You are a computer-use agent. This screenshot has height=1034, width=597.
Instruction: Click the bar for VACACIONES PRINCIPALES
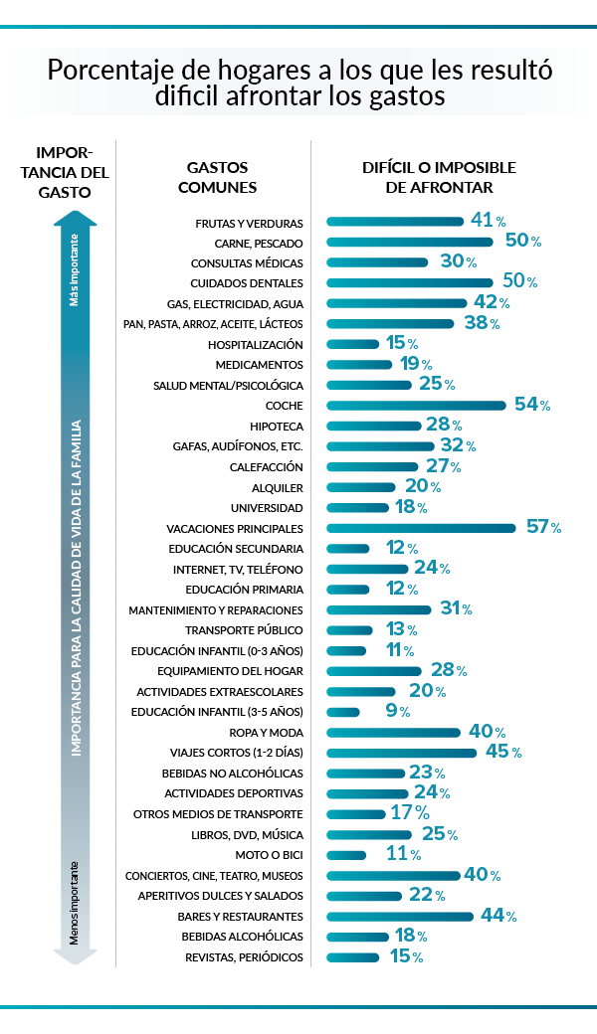tap(421, 528)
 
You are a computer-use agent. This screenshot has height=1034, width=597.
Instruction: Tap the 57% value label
tap(543, 527)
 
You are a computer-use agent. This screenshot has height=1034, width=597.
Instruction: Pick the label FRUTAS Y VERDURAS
tap(249, 223)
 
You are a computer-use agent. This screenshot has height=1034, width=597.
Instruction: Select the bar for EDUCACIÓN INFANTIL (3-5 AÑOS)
tap(343, 712)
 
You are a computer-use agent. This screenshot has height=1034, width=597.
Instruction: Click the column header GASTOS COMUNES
tap(221, 177)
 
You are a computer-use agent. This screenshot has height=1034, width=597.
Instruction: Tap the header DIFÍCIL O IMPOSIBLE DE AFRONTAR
tap(439, 177)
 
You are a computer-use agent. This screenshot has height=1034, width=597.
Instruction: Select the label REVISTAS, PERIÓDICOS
tap(244, 957)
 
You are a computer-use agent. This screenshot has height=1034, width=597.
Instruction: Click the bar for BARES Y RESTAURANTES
tap(400, 917)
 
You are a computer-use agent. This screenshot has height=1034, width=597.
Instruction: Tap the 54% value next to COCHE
tap(531, 405)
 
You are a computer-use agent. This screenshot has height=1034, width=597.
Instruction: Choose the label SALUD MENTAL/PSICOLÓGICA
tap(228, 385)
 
